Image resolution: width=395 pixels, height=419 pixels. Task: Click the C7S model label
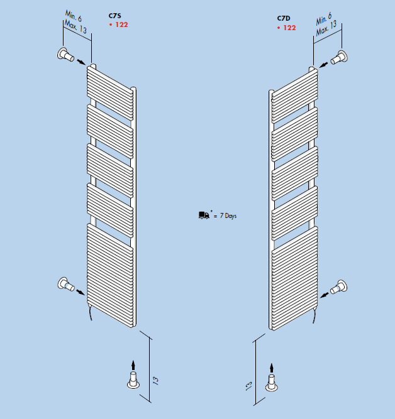[x=115, y=16]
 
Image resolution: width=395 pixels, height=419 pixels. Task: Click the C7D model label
[x=284, y=18]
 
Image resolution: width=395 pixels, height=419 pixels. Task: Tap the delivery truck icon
[x=204, y=215]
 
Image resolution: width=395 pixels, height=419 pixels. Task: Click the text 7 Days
[x=228, y=215]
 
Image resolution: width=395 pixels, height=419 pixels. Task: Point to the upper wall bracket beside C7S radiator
[x=65, y=55]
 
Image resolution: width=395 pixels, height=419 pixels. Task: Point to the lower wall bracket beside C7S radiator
[x=66, y=284]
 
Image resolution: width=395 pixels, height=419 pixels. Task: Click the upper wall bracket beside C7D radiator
[x=340, y=57]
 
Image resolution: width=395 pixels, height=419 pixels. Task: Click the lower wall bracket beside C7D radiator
[x=339, y=287]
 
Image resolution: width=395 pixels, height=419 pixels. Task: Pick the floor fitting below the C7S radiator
[x=133, y=380]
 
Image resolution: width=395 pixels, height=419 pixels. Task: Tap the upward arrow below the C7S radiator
[x=133, y=365]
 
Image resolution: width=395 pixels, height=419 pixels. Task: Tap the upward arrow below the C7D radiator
[x=272, y=367]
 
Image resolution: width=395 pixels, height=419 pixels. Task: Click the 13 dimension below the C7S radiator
[x=155, y=381]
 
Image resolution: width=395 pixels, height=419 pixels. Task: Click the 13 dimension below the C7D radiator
[x=249, y=386]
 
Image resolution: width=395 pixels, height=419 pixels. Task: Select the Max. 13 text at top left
[x=75, y=27]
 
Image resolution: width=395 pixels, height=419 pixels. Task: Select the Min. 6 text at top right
[x=324, y=18]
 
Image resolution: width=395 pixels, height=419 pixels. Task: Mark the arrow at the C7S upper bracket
[x=81, y=62]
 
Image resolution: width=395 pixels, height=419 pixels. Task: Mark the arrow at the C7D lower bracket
[x=325, y=295]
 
